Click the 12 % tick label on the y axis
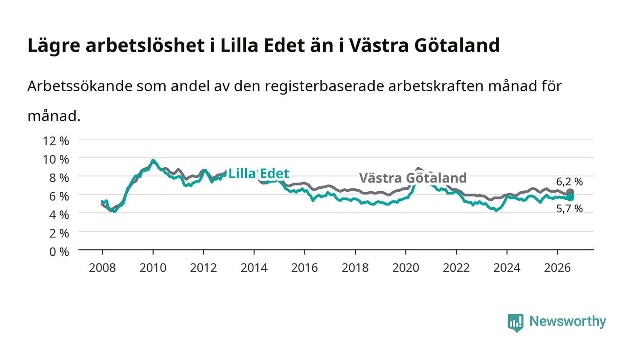pyautogui.click(x=56, y=141)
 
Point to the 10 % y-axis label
pyautogui.click(x=56, y=160)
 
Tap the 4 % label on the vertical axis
pyautogui.click(x=59, y=215)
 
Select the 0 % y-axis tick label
pyautogui.click(x=59, y=252)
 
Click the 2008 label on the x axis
pyautogui.click(x=103, y=268)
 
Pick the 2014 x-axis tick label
pyautogui.click(x=254, y=268)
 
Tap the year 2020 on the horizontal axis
pyautogui.click(x=405, y=268)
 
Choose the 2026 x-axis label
pyautogui.click(x=557, y=268)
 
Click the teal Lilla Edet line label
pyautogui.click(x=259, y=174)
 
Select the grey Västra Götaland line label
pyautogui.click(x=413, y=178)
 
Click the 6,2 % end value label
pyautogui.click(x=570, y=182)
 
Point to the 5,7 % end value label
pyautogui.click(x=570, y=209)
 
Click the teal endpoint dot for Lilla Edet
pyautogui.click(x=570, y=197)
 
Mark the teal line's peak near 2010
pyautogui.click(x=153, y=160)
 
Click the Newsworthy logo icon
pyautogui.click(x=515, y=323)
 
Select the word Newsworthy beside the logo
pyautogui.click(x=567, y=321)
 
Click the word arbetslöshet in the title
pyautogui.click(x=145, y=45)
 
